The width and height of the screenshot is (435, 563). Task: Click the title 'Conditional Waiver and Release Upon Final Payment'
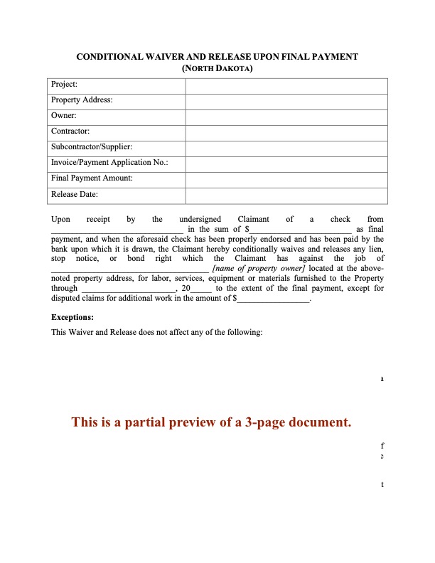point(217,56)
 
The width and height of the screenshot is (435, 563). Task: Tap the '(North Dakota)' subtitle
point(217,68)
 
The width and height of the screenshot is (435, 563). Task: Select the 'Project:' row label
point(64,85)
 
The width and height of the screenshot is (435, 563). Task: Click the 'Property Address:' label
point(82,100)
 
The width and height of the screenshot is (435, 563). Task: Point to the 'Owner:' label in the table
point(64,116)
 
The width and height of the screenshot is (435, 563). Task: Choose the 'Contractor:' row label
point(70,132)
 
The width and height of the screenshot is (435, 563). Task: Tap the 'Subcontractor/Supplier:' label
point(92,147)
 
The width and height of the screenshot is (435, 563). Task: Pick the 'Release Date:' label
point(75,194)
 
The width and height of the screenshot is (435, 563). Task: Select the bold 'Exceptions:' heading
point(72,318)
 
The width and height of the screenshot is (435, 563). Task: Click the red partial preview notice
point(212,423)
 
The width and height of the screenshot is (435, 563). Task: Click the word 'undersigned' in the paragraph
point(200,220)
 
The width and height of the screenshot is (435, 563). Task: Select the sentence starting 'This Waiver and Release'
point(157,333)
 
